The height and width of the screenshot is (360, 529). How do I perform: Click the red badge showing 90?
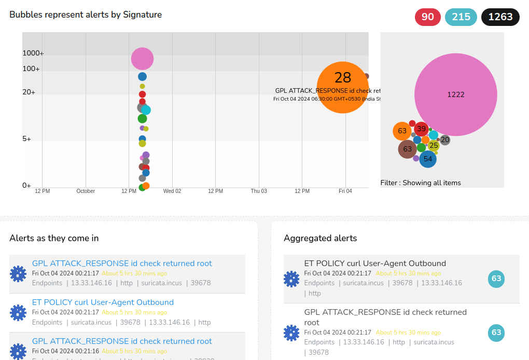427,17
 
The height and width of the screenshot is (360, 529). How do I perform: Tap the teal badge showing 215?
461,17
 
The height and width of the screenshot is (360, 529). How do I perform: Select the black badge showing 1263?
500,17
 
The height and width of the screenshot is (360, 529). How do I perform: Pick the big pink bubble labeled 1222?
455,94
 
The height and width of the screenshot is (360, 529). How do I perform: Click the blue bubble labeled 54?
427,159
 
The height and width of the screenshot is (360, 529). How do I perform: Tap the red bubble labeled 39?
421,129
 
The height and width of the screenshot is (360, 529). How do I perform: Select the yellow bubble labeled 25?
434,146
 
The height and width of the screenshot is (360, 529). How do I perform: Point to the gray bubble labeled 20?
445,140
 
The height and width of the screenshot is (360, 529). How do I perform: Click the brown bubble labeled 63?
407,149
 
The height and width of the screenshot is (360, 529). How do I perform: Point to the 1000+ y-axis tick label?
33,53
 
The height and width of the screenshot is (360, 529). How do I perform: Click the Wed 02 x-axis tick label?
172,191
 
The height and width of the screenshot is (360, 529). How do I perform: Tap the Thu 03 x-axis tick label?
259,191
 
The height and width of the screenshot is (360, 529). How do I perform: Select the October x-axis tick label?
86,191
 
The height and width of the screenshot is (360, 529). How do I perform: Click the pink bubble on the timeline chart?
142,59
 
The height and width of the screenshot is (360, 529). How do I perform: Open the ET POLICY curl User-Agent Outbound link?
103,302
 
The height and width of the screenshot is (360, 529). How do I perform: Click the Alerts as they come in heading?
54,238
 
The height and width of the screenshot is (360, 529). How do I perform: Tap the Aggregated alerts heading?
320,238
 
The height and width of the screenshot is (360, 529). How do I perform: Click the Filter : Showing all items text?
420,183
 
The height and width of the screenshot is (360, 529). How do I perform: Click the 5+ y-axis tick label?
26,139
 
